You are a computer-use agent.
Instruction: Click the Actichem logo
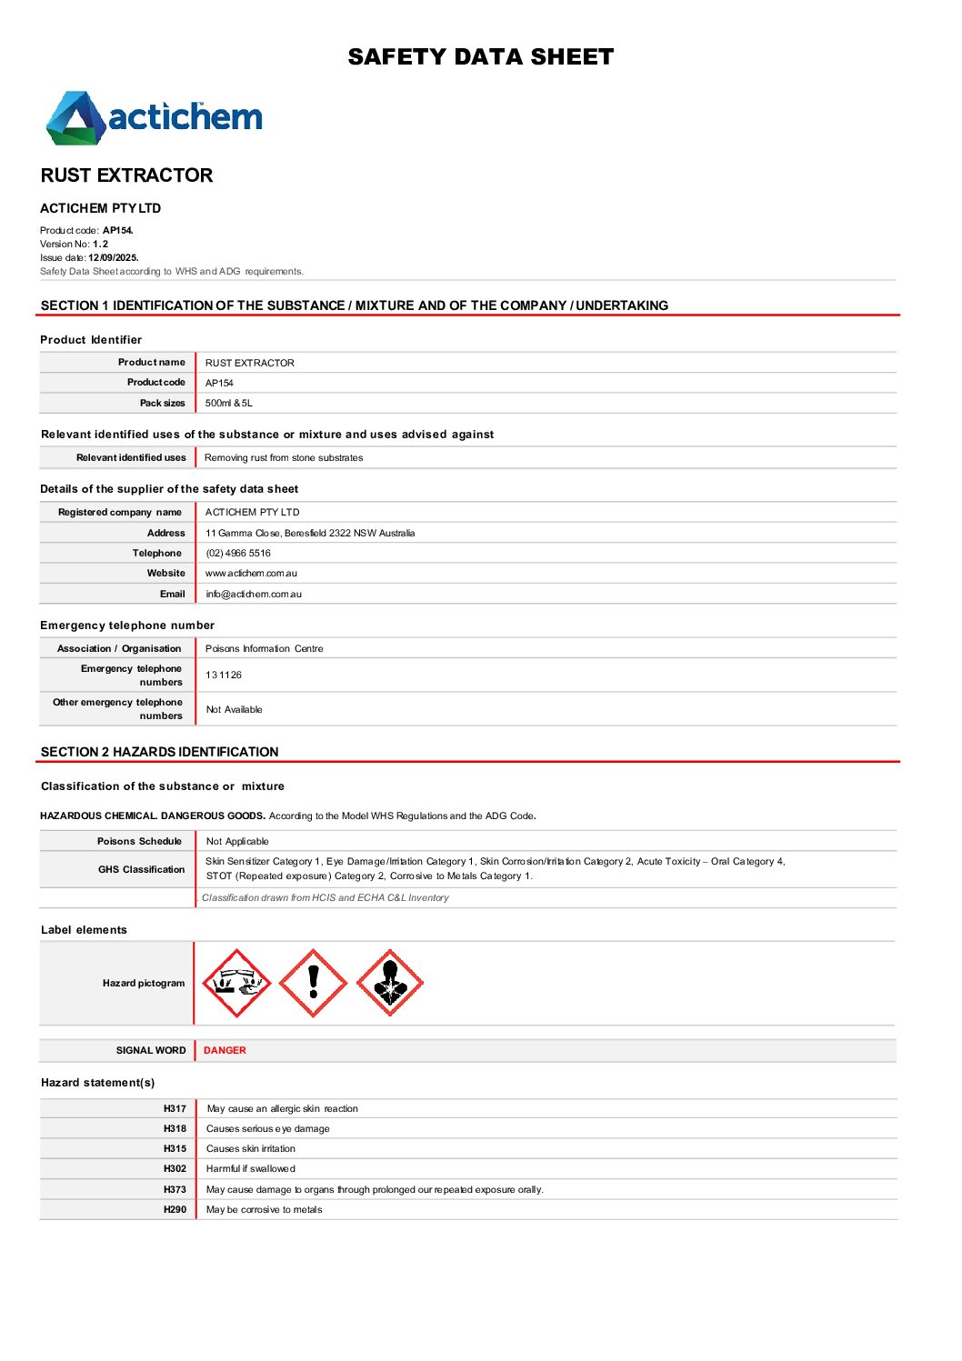[155, 118]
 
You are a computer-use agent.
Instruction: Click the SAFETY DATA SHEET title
[480, 57]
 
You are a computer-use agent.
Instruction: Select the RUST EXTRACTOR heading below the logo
[126, 175]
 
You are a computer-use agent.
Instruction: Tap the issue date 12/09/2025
[113, 258]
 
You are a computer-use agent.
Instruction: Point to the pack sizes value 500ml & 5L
[229, 403]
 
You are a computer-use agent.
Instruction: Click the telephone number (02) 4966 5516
[238, 553]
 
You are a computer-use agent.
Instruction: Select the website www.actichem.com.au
[251, 574]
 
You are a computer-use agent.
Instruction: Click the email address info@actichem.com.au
[254, 595]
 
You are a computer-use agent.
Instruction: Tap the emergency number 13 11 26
[224, 675]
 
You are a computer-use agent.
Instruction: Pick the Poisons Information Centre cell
[264, 648]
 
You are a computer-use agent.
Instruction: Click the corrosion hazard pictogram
[236, 983]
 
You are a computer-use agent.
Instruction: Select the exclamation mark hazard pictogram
[313, 983]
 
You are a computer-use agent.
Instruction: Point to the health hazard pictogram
[389, 983]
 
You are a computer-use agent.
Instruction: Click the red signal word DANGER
[225, 1050]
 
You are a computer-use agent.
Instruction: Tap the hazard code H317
[175, 1109]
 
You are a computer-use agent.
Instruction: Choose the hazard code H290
[175, 1210]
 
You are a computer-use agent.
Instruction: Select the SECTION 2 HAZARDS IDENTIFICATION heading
[160, 752]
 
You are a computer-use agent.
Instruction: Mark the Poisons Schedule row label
[139, 841]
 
